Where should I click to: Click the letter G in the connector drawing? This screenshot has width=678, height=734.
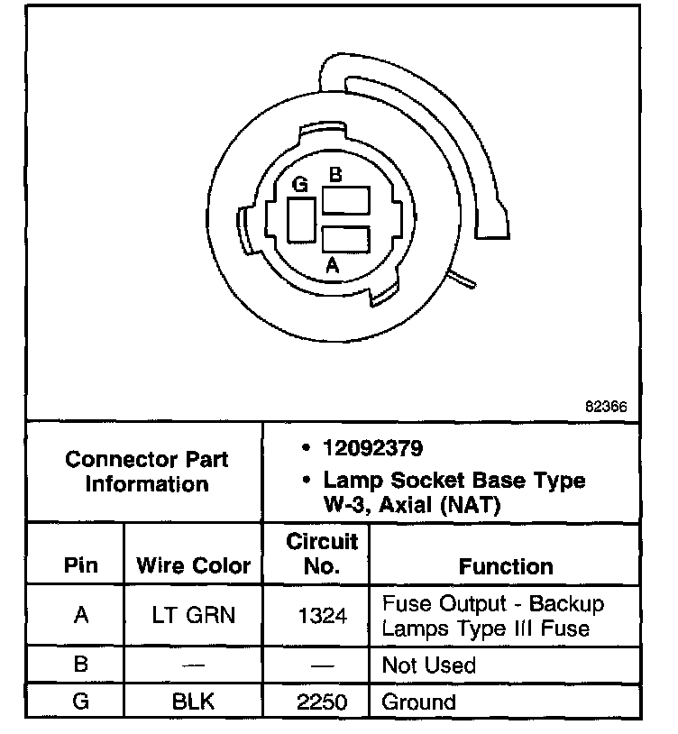point(301,184)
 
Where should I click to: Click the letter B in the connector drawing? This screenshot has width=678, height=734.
point(334,176)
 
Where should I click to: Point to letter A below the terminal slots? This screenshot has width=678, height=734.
point(332,266)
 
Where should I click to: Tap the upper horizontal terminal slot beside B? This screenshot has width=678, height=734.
point(347,199)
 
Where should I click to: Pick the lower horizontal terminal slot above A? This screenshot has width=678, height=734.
point(347,240)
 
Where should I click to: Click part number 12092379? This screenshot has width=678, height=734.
point(374,448)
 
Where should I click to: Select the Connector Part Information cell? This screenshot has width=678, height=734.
point(146,471)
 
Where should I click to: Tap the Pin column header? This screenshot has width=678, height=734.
point(81,566)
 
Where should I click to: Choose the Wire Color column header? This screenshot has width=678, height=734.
point(193,566)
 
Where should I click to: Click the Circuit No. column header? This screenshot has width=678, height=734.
point(321,554)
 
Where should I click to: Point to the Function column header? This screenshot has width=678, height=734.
point(506,566)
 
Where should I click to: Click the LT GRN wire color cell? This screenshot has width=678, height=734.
point(193,615)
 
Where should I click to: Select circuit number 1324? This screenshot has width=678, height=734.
point(321,615)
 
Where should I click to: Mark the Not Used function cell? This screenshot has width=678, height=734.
point(429,665)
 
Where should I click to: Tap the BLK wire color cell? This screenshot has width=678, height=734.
point(193,702)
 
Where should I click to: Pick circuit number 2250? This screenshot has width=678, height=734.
point(321,702)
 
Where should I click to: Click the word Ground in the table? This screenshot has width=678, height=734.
point(419,702)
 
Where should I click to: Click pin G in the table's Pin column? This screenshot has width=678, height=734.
point(81,702)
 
